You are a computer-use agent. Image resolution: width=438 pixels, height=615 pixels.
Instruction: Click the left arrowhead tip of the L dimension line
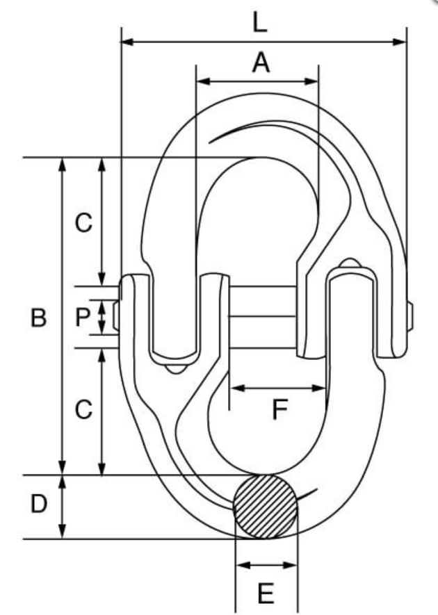point(122,42)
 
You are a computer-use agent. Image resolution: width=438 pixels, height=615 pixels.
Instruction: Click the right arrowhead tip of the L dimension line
point(406,42)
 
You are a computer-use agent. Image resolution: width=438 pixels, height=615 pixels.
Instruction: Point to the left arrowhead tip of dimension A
point(196,81)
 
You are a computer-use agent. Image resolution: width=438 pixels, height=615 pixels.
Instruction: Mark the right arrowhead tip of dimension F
point(325,388)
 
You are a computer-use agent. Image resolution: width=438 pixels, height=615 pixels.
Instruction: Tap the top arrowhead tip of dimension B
point(62,158)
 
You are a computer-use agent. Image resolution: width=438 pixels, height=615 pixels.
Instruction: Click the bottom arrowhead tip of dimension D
point(62,539)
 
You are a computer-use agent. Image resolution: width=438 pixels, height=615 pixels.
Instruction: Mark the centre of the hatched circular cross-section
point(266,507)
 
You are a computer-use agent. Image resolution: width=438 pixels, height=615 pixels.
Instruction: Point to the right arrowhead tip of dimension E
point(298,565)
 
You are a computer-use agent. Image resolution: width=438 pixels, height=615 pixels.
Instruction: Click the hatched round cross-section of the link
point(266,507)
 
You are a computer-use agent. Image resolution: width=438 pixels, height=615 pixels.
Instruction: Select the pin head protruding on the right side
point(409,316)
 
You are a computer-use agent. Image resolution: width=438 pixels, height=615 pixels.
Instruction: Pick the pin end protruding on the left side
point(116,315)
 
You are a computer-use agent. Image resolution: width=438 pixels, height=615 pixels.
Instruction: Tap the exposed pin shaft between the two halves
point(262,317)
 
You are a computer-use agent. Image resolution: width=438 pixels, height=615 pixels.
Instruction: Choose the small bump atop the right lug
point(350,263)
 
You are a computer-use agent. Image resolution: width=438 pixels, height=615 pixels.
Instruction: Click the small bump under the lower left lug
point(175,369)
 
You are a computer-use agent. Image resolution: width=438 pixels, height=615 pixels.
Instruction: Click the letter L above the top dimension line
point(260,22)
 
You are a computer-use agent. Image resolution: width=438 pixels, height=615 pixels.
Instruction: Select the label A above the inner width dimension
point(261,63)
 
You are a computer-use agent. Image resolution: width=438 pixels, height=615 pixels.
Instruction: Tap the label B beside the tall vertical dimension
point(38,318)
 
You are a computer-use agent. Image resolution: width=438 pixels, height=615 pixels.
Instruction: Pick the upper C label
point(83,223)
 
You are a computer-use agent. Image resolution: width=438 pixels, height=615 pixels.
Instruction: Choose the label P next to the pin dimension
point(83,317)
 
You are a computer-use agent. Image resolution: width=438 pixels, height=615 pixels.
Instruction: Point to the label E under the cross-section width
point(266,593)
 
